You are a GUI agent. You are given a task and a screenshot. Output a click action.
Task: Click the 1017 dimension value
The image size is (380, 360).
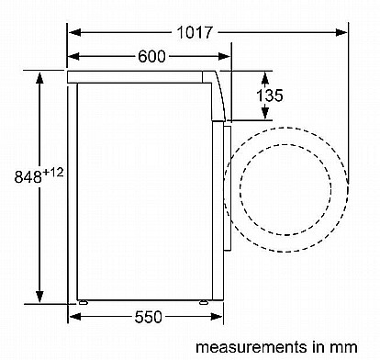coord(195,32)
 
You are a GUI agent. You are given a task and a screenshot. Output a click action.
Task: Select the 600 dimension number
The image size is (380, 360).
coord(151,56)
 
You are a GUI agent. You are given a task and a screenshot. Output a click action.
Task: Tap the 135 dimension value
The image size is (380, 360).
coord(270,96)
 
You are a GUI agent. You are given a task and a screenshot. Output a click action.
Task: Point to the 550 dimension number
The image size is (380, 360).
coord(148,317)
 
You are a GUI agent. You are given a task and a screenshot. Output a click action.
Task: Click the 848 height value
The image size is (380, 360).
coord(28,176)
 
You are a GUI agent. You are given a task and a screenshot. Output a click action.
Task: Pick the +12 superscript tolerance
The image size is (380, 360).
coord(53,173)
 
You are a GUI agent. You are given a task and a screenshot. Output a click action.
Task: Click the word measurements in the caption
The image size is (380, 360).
coord(251,347)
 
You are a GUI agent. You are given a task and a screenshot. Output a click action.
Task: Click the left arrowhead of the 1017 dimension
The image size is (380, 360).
coord(74,32)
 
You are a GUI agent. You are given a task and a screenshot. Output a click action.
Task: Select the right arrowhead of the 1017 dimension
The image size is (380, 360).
coord(341,32)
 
